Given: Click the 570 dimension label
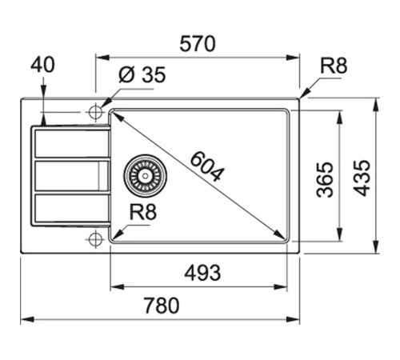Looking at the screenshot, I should pos(197,45).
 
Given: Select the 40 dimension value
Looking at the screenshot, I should pos(43,65).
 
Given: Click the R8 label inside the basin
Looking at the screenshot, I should pos(142,213).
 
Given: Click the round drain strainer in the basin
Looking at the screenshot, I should pos(145,174).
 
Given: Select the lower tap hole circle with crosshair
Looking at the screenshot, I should pos(95,238).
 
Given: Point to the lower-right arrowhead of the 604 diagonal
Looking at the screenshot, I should pos(282,236).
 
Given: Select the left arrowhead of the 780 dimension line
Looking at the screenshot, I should pos(25,319).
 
